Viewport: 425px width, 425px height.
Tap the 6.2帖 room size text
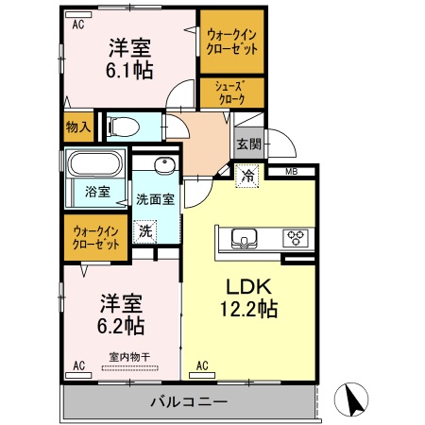pyautogui.click(x=122, y=326)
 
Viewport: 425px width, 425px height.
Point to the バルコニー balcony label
pyautogui.click(x=189, y=402)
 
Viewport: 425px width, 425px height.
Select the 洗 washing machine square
pyautogui.click(x=145, y=230)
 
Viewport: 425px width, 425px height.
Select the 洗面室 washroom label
pyautogui.click(x=155, y=200)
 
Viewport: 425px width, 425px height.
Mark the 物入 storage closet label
pyautogui.click(x=77, y=125)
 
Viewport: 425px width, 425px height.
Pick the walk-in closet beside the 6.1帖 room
pyautogui.click(x=231, y=42)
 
